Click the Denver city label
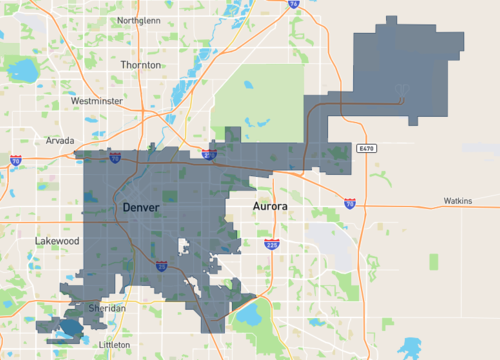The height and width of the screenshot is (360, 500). click(141, 206)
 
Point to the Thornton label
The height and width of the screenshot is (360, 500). click(139, 64)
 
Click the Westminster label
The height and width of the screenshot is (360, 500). click(98, 101)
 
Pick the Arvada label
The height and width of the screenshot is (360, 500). click(60, 141)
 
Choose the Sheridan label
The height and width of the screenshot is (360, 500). click(107, 309)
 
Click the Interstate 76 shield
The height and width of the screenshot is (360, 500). click(293, 4)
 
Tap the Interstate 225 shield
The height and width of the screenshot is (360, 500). click(271, 243)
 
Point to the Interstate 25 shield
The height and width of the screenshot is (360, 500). click(161, 266)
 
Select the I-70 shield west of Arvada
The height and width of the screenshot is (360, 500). click(16, 160)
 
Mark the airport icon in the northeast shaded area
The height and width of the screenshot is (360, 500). click(402, 98)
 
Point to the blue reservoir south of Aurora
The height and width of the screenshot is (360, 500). click(248, 318)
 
